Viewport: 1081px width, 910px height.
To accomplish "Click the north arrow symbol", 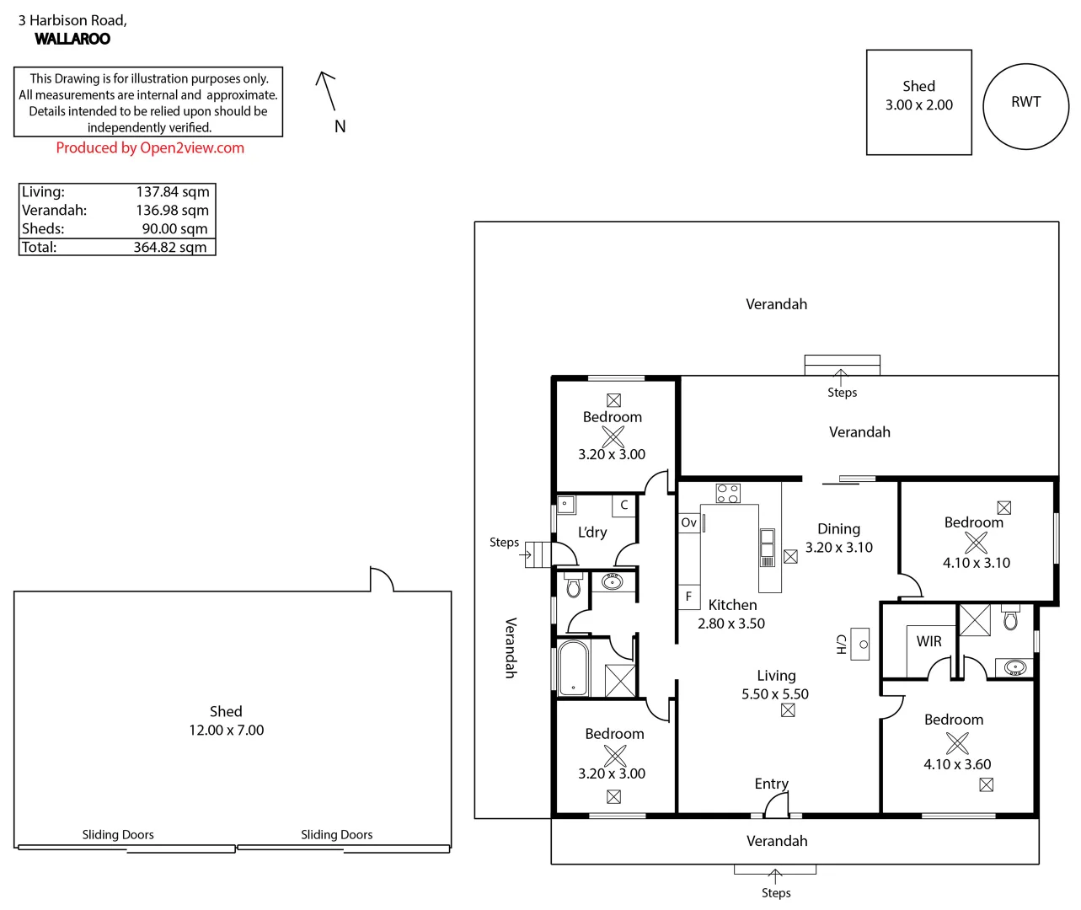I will pyautogui.click(x=326, y=91).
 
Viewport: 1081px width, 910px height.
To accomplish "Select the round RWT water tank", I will pyautogui.click(x=1025, y=106).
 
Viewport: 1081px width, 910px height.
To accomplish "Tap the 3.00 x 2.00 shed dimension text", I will pyautogui.click(x=918, y=105).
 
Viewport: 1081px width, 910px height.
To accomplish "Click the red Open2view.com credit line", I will pyautogui.click(x=150, y=148).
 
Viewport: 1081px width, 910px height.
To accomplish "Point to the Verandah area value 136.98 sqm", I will pyautogui.click(x=172, y=211).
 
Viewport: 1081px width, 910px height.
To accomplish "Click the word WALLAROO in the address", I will pyautogui.click(x=72, y=39).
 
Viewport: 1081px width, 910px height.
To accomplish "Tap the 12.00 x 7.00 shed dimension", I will pyautogui.click(x=226, y=731).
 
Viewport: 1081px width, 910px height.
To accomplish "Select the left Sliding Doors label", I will pyautogui.click(x=118, y=835).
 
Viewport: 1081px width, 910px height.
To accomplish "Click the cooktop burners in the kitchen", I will pyautogui.click(x=728, y=493).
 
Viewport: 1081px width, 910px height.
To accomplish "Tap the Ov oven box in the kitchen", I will pyautogui.click(x=689, y=522).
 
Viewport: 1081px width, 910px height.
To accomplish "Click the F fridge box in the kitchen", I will pyautogui.click(x=688, y=597).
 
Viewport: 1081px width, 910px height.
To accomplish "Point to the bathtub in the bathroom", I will pyautogui.click(x=573, y=669).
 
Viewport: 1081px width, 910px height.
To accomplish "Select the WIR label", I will pyautogui.click(x=928, y=641).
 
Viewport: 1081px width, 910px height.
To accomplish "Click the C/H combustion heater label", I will pyautogui.click(x=841, y=645).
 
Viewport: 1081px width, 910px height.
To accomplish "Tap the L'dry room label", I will pyautogui.click(x=592, y=533).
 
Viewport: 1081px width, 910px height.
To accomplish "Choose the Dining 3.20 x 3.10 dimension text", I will pyautogui.click(x=838, y=548).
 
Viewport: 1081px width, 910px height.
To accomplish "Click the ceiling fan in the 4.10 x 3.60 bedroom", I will pyautogui.click(x=957, y=742).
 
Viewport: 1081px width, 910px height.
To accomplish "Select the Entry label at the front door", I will pyautogui.click(x=771, y=784).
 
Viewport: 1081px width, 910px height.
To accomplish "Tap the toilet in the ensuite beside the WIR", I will pyautogui.click(x=1011, y=620).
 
